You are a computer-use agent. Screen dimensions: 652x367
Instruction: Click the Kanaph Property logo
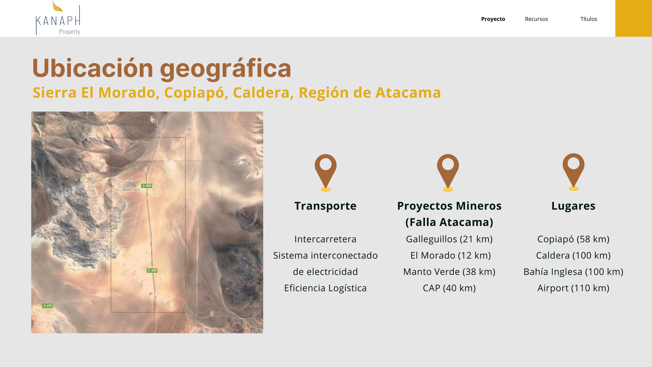58,18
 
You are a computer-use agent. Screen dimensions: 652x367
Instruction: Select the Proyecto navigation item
493,19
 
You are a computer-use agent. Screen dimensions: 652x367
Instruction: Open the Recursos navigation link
536,19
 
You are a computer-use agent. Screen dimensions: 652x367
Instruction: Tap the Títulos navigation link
589,19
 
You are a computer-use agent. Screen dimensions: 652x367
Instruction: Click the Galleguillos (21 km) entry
449,239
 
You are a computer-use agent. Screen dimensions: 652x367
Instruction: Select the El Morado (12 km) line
451,255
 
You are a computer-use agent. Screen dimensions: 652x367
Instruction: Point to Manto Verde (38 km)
449,272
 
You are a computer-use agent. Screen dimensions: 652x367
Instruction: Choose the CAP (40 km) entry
449,288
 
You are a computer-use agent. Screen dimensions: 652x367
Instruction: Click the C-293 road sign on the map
48,306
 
